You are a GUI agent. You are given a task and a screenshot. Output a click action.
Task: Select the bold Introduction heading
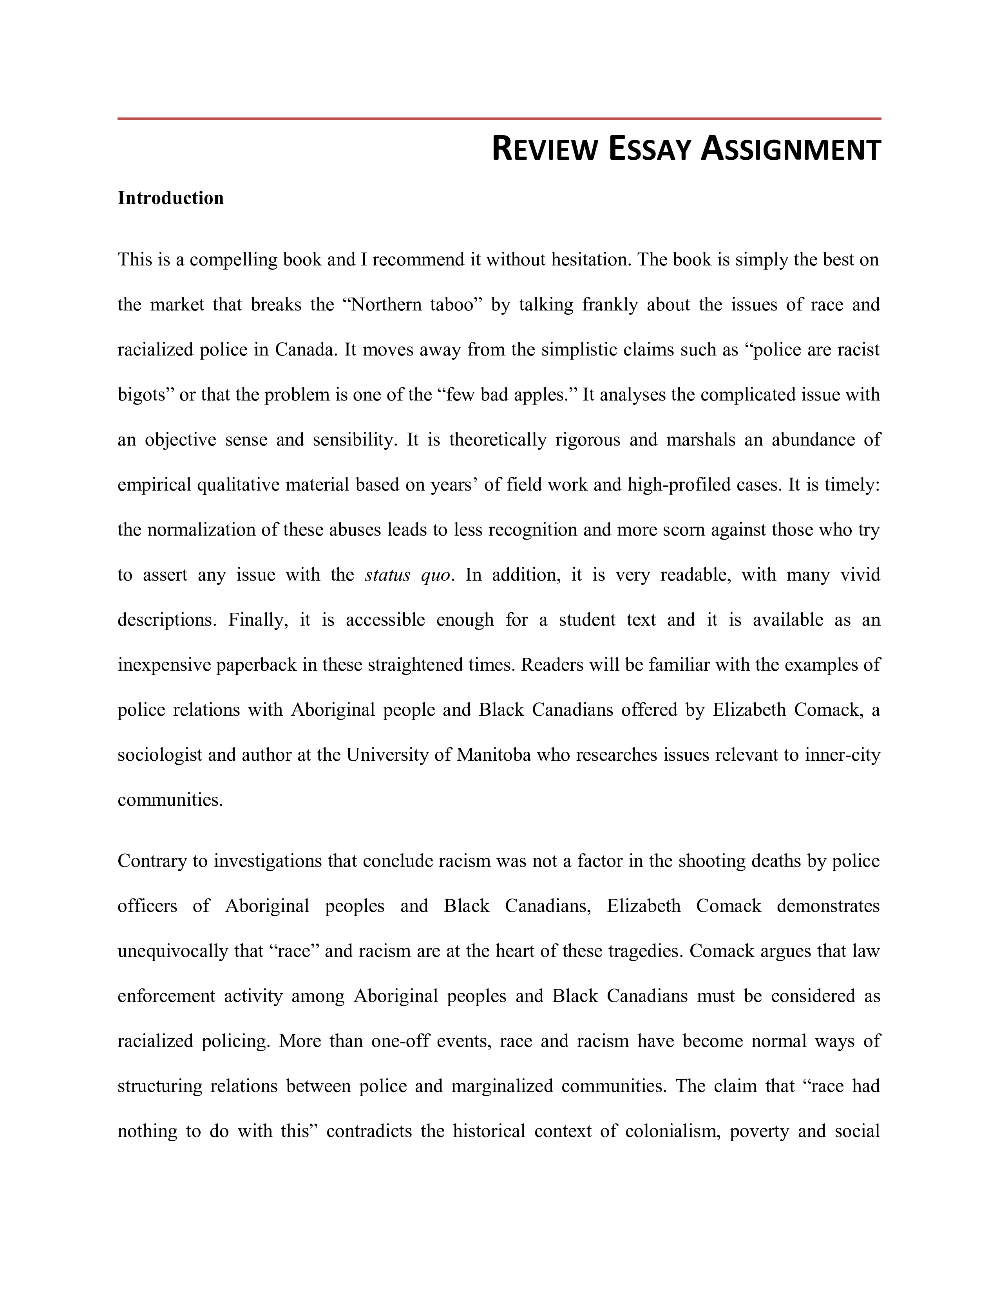pos(170,198)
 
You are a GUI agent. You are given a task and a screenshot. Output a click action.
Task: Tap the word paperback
pos(256,665)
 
